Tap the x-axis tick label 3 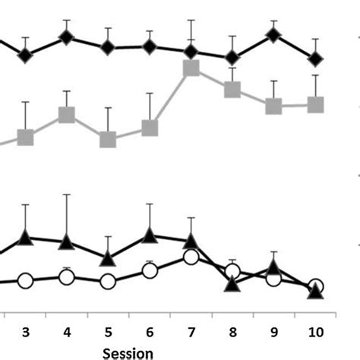click(x=26, y=331)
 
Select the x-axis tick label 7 click(x=191, y=331)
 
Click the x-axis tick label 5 click(x=109, y=331)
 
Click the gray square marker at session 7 click(x=191, y=69)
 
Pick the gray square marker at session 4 click(x=67, y=115)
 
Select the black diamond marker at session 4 click(x=67, y=36)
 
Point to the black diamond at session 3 click(x=26, y=55)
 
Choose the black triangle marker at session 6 click(x=150, y=235)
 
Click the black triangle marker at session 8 click(x=232, y=284)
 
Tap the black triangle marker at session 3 click(x=26, y=238)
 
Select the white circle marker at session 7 click(x=191, y=258)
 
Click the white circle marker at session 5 click(x=109, y=282)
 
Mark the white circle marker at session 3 click(x=26, y=281)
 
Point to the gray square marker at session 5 click(x=109, y=139)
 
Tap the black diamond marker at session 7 click(x=191, y=52)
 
